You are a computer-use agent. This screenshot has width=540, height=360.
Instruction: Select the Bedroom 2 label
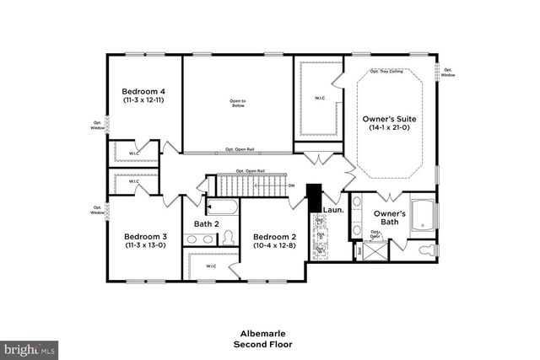coord(273,236)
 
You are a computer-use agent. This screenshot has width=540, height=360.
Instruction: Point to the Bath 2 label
coord(207,224)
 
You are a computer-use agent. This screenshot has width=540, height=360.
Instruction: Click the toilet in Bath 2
coord(227,240)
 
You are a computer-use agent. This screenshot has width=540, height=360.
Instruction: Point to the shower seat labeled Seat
coord(360,250)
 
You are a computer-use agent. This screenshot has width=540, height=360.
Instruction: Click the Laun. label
coord(333,208)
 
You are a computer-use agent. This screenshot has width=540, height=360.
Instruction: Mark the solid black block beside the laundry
coord(314,199)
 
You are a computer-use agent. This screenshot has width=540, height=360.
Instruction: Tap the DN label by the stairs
coord(291,185)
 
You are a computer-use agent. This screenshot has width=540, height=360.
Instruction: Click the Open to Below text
coord(237,105)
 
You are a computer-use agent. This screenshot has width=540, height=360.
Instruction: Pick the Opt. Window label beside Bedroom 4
coord(98,126)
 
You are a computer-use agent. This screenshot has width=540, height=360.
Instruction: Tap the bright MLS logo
coord(30,347)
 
